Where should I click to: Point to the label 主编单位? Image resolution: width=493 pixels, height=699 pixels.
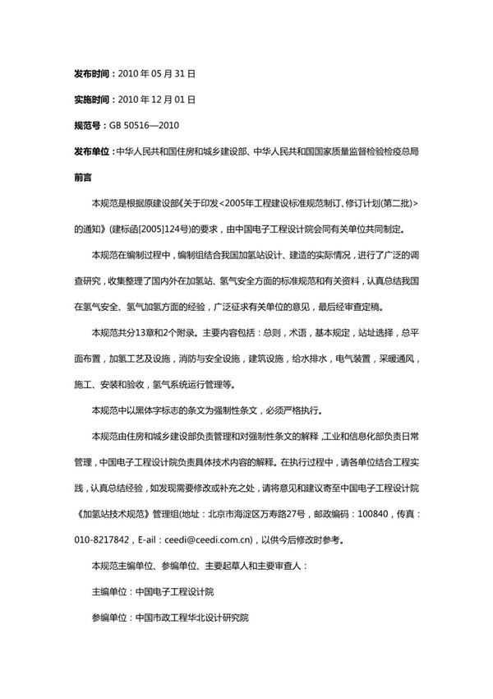coord(110,591)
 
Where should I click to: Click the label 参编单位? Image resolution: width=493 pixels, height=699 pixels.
coord(110,617)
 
